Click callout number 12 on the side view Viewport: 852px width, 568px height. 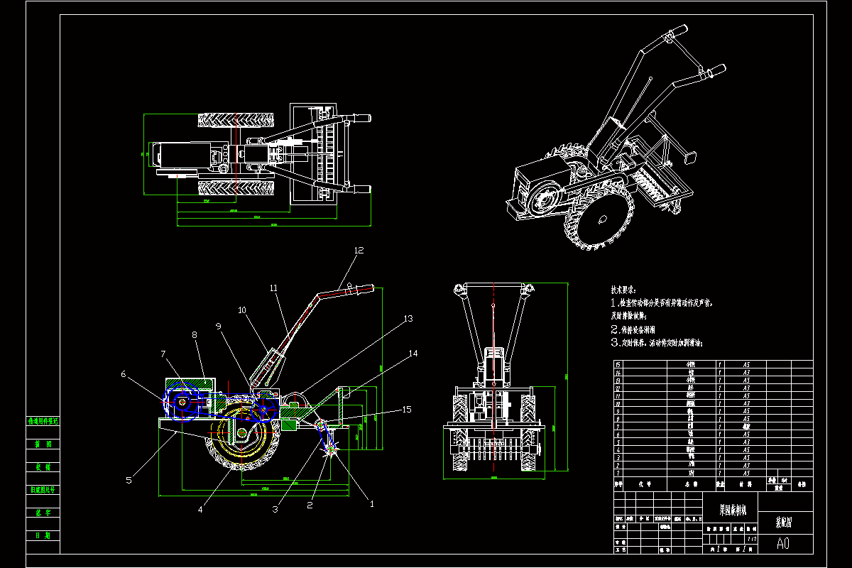point(359,250)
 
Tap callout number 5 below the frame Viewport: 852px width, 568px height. point(129,480)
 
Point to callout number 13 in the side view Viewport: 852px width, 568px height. point(407,319)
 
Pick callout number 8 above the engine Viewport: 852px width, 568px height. point(194,334)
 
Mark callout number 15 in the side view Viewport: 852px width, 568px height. point(407,409)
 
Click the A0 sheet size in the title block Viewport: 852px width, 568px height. point(782,544)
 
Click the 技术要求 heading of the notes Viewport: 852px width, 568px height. point(623,290)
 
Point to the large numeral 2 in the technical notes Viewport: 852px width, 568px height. point(616,329)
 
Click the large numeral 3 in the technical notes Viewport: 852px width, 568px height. point(616,342)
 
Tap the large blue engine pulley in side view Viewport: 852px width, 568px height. point(182,403)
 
